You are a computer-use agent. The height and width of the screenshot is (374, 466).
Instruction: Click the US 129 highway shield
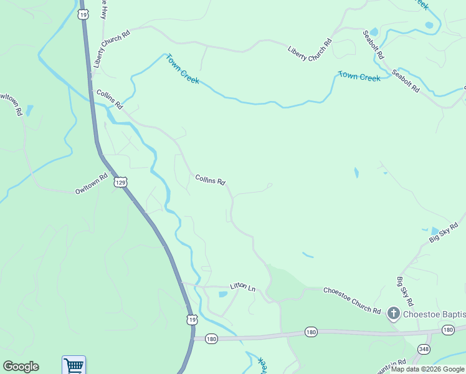[121, 182]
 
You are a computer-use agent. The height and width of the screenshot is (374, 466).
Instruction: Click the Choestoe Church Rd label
[351, 300]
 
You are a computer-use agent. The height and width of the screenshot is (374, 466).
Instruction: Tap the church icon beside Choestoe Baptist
[393, 312]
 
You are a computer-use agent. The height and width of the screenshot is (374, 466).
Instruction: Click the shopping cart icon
[74, 365]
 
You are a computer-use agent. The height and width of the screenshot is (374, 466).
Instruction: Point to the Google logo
[21, 367]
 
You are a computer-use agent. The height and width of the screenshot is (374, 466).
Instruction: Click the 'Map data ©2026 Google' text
[427, 369]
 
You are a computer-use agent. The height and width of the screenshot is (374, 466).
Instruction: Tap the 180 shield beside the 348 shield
[448, 330]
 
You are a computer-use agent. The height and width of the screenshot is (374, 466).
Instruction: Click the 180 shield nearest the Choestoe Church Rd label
[311, 332]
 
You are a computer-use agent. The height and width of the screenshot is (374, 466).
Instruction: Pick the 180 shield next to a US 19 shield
[211, 338]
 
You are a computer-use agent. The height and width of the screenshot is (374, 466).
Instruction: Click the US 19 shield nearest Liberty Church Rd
[83, 13]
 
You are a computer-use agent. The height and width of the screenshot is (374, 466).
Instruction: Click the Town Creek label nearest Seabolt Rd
[359, 77]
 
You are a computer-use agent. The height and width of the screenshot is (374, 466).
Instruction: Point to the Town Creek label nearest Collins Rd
[182, 69]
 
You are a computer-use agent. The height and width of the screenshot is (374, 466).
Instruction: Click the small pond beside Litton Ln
[223, 294]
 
